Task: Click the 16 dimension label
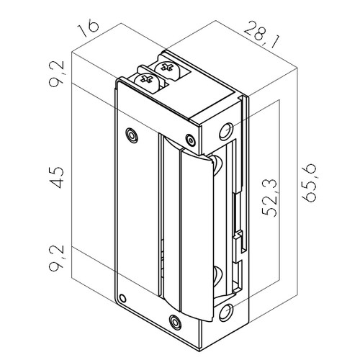(x=88, y=29)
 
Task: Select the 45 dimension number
(x=57, y=178)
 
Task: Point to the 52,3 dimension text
(x=269, y=198)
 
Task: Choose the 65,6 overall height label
(x=309, y=184)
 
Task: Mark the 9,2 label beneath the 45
(x=57, y=258)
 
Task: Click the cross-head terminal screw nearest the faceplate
(x=147, y=81)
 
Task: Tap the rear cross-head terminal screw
(x=167, y=69)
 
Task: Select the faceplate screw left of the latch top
(x=132, y=135)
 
